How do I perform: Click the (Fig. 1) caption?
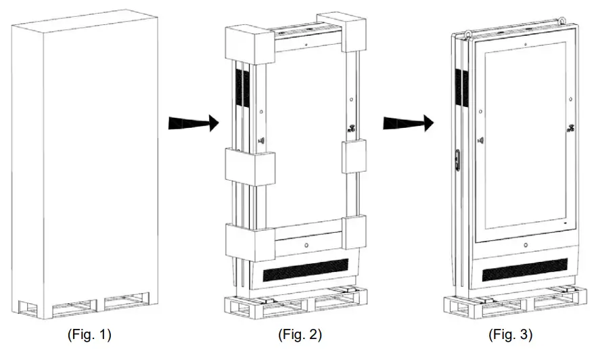[x=89, y=334]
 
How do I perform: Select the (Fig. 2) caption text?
[x=300, y=334]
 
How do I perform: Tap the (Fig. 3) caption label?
[x=510, y=334]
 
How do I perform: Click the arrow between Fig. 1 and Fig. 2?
[x=193, y=123]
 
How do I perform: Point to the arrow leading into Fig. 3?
[x=408, y=123]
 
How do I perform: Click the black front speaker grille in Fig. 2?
[x=304, y=271]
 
